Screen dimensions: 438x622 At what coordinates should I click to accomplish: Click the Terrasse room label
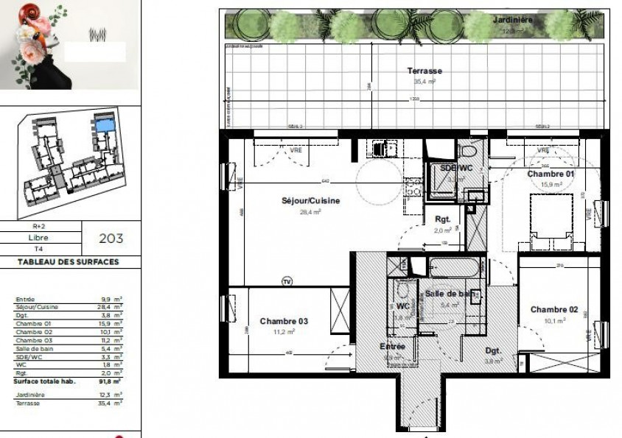(424, 71)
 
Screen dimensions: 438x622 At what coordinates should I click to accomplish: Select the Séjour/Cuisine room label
(300, 201)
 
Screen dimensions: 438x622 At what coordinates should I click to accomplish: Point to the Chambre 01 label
(551, 174)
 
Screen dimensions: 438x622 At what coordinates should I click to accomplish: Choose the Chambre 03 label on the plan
(284, 321)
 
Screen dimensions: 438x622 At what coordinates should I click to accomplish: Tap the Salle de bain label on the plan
(450, 294)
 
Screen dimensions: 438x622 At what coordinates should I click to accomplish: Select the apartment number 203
(111, 239)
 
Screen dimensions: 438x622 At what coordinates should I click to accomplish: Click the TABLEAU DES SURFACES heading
(68, 261)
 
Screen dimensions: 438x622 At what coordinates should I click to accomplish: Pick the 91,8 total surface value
(109, 381)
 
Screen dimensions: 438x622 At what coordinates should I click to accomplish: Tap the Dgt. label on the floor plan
(493, 351)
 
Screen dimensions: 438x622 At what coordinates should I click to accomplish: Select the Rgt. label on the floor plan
(443, 219)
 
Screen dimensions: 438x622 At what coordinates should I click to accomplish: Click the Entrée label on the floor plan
(392, 346)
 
